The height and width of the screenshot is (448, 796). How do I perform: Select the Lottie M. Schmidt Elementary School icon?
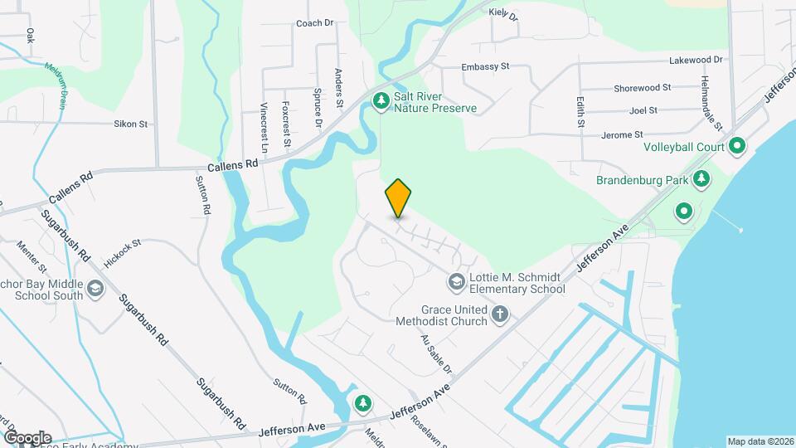point(455,283)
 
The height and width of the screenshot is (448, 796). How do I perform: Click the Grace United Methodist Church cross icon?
point(499,314)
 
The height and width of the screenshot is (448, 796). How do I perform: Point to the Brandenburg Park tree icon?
point(701,179)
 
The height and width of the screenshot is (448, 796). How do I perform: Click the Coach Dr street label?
point(314,23)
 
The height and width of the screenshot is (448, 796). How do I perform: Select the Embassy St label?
point(485,66)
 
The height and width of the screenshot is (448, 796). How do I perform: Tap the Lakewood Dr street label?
point(696,61)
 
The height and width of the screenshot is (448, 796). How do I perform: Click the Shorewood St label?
point(642,88)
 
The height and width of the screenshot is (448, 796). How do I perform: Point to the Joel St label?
point(643,110)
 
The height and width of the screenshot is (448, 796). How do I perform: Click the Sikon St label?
point(130,124)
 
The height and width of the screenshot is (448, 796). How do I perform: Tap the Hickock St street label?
point(123,253)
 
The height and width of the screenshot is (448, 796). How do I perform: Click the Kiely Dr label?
point(503,14)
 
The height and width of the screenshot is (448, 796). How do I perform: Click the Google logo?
point(27,438)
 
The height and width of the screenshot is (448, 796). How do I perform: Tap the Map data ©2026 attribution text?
point(759,441)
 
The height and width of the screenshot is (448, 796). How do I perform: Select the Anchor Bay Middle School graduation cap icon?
point(95,288)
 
